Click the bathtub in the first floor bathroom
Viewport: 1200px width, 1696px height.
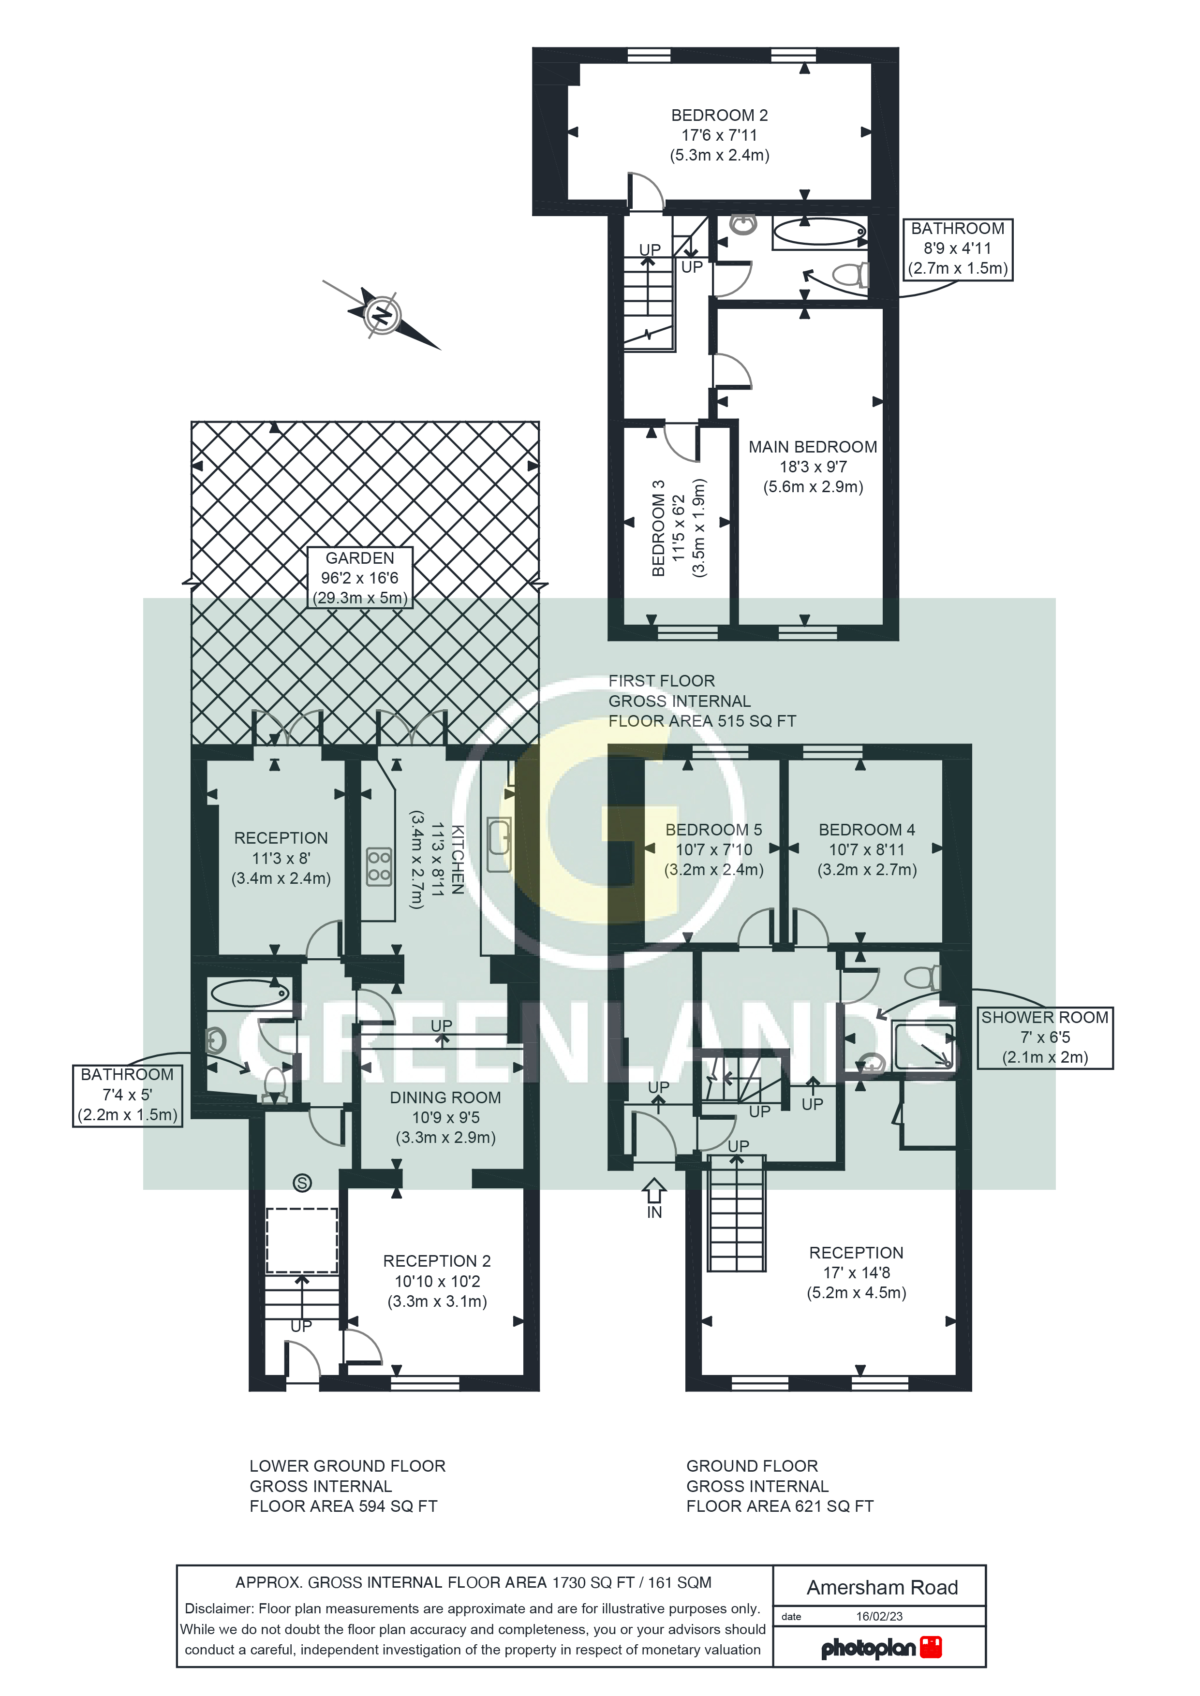[819, 233]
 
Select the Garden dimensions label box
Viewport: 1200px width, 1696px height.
[360, 578]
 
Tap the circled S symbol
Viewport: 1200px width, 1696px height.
[302, 1183]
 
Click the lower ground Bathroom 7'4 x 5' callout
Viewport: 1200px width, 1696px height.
[127, 1095]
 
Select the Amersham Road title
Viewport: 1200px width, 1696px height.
[882, 1587]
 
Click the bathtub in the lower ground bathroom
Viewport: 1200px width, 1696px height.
[249, 994]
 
